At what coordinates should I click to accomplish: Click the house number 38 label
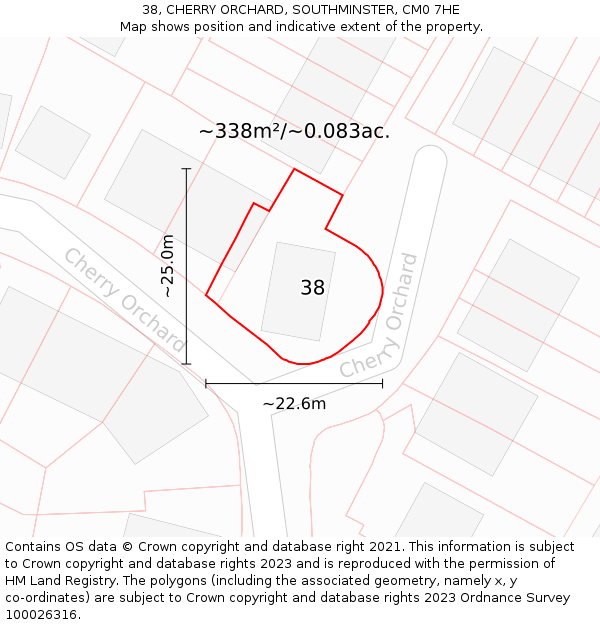coord(313,288)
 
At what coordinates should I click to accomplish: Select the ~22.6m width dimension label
coord(294,404)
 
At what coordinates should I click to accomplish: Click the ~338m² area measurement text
coord(294,131)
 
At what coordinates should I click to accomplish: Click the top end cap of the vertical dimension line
coord(186,169)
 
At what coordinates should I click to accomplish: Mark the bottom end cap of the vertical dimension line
coord(186,364)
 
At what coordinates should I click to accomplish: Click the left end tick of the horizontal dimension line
coord(206,383)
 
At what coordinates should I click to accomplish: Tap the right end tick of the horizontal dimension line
coord(382,383)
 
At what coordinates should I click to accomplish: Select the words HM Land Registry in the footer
coord(58,581)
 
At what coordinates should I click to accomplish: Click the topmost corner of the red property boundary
coord(294,169)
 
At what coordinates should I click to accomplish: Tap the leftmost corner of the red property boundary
coord(206,295)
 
